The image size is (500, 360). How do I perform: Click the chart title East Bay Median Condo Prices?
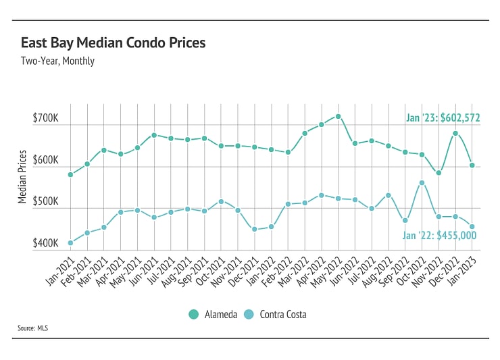tap(113, 43)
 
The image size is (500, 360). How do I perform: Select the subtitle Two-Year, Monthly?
tap(57, 61)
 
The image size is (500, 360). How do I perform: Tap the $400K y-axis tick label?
tap(45, 243)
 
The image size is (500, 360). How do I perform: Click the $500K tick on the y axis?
tap(45, 202)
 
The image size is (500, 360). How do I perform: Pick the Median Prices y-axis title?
tap(23, 177)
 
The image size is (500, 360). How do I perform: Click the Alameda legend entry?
tap(213, 314)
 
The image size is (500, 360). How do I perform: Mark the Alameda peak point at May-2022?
tap(339, 116)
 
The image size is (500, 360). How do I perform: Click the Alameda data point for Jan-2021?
tap(70, 174)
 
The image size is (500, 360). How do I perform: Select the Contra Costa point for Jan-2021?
tap(70, 242)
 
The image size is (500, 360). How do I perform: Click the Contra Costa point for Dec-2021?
tap(254, 229)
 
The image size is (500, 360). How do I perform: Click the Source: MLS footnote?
tap(33, 329)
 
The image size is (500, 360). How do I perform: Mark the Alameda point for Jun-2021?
tap(154, 135)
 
